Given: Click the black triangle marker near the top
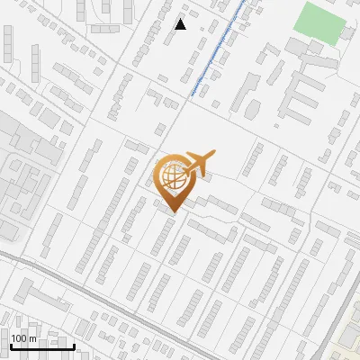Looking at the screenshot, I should (181, 24).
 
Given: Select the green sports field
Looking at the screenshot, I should (320, 22).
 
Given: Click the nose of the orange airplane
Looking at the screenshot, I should (214, 155).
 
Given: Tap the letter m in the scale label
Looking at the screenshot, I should (34, 338).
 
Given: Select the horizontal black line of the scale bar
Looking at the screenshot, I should (41, 346).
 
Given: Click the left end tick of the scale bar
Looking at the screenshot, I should (11, 344).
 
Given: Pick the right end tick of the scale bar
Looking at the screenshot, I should (73, 344).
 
